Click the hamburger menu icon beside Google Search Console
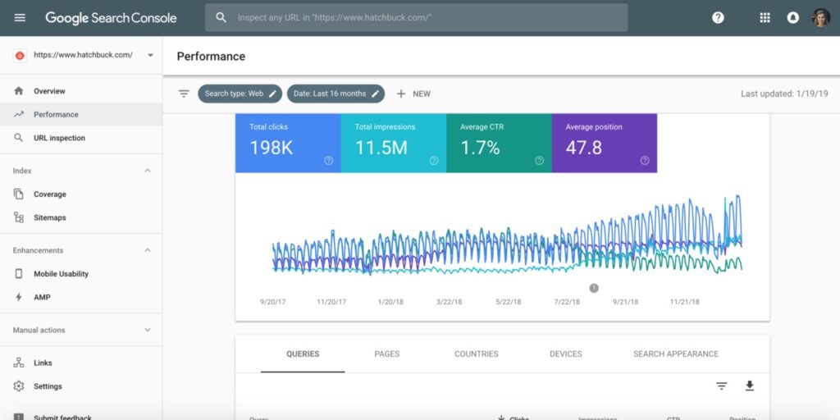[20, 17]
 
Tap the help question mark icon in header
[718, 17]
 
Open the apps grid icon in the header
[765, 17]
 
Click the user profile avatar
[821, 17]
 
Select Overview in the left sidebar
[49, 91]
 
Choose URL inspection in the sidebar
[59, 138]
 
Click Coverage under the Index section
[49, 194]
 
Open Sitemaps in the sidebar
[49, 217]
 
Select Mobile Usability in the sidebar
[61, 274]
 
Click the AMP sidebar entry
[42, 297]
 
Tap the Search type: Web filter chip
[240, 94]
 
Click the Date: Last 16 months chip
[336, 94]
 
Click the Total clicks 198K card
[288, 143]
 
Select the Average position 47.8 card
[604, 143]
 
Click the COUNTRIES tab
[476, 354]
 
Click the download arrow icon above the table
[749, 386]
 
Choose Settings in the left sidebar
[48, 386]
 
